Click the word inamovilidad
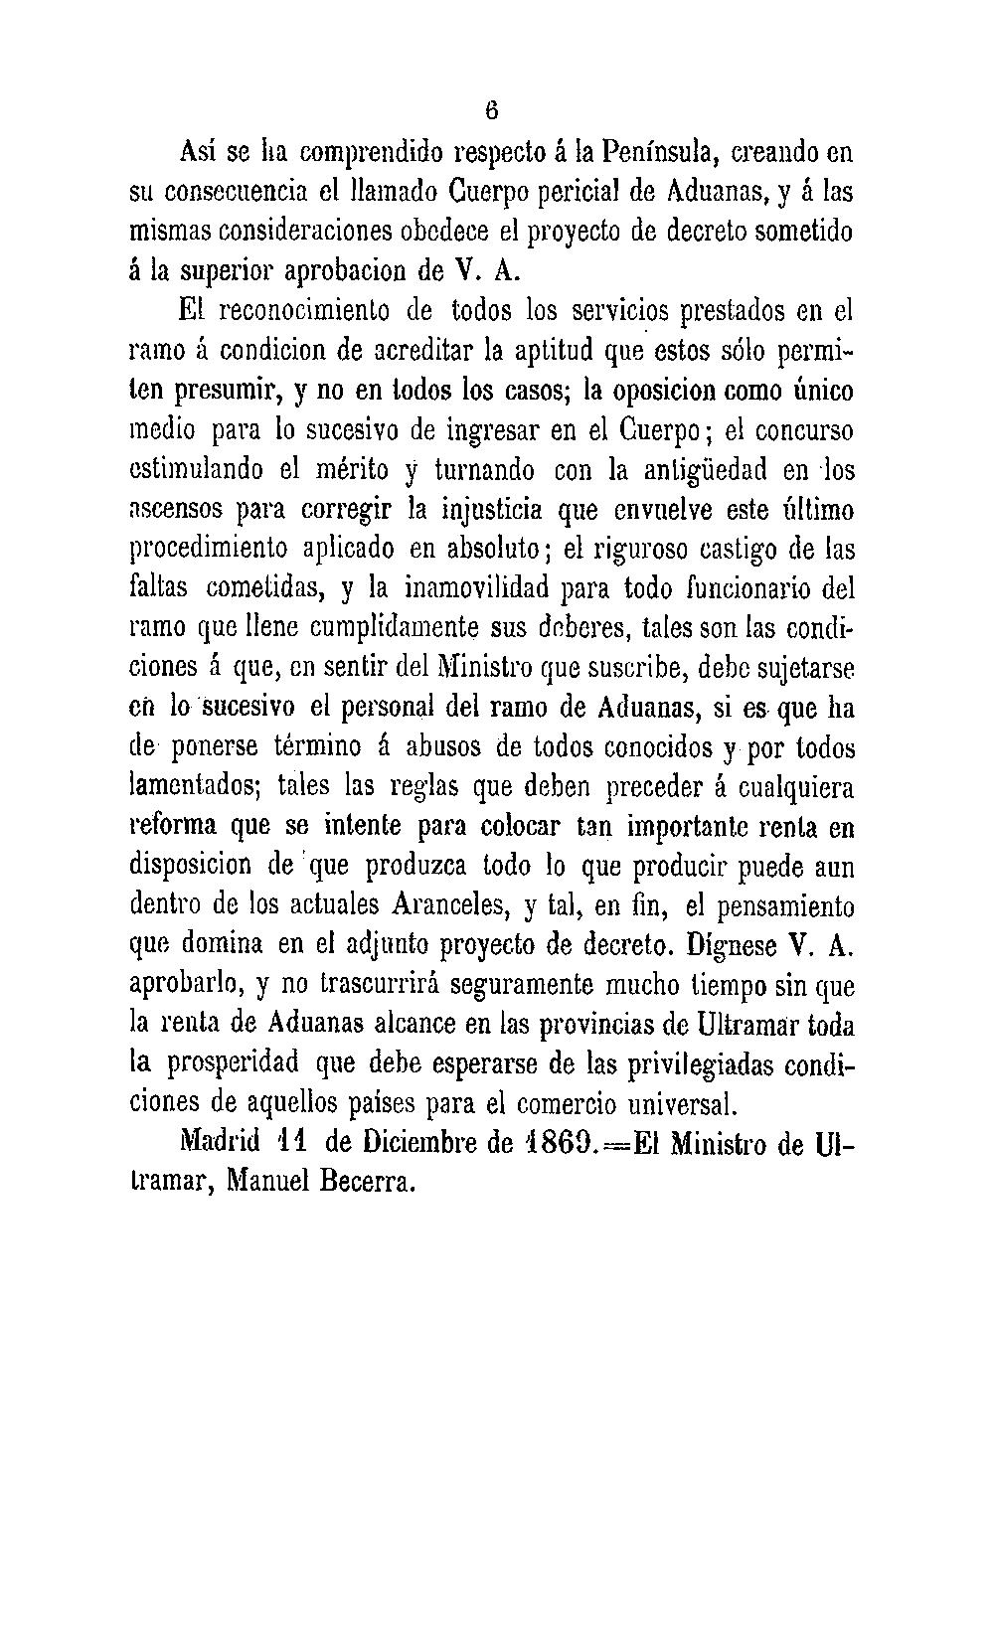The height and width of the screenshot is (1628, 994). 477,588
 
